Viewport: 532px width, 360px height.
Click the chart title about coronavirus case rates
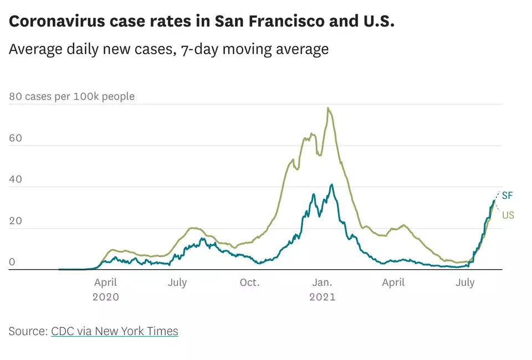coord(202,22)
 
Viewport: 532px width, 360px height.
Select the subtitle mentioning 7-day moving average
coord(168,49)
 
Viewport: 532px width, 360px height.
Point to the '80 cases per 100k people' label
coord(71,96)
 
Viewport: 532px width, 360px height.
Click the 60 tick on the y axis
coord(16,138)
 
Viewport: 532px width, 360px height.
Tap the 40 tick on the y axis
coord(16,179)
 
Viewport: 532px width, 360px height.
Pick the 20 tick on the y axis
coord(16,221)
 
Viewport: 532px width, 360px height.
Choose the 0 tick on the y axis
coord(12,263)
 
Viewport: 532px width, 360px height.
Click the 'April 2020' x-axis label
coord(105,289)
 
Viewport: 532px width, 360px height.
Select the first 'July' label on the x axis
coord(177,282)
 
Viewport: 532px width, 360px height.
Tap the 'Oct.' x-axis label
coord(249,282)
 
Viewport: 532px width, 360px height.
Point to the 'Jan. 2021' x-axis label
coord(322,289)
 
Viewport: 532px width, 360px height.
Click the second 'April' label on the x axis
coord(393,282)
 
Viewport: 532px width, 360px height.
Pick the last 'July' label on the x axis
coord(465,282)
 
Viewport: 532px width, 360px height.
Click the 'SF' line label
coord(508,195)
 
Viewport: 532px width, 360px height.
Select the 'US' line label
coord(508,215)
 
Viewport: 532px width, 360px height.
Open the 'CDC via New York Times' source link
coord(115,331)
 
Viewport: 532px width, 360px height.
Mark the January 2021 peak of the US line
coord(328,108)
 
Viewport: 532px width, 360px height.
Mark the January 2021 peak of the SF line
coord(332,184)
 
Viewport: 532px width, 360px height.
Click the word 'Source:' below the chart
coord(28,331)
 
